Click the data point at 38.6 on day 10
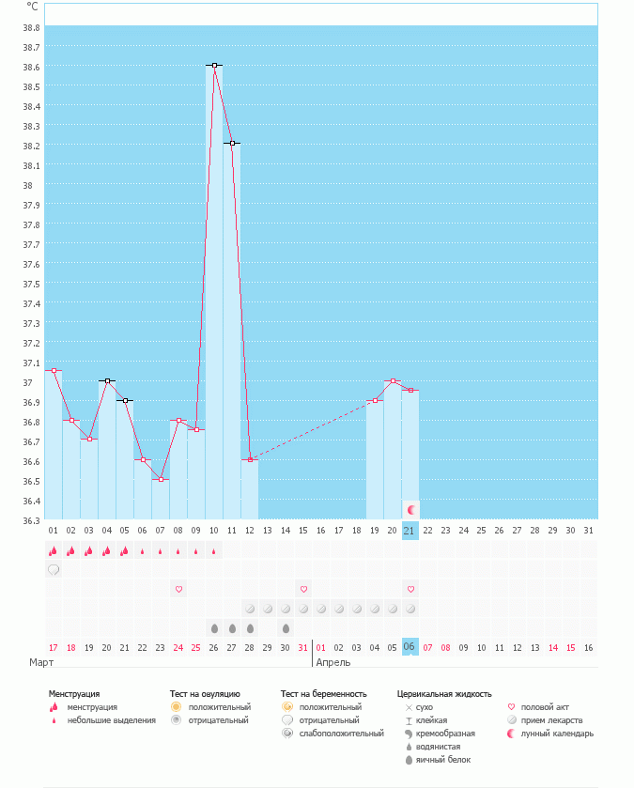tap(215, 65)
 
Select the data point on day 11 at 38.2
tap(232, 144)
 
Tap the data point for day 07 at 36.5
tap(161, 480)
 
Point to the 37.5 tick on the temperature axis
tap(32, 284)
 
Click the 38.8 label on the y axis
tap(32, 27)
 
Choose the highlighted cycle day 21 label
tap(410, 531)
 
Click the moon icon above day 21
tap(410, 509)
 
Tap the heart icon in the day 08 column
tap(178, 589)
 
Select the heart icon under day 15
tap(303, 589)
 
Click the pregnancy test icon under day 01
tap(54, 569)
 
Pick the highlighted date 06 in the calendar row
tap(410, 647)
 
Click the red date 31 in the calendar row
tap(302, 647)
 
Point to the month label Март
tap(40, 662)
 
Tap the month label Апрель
tap(333, 662)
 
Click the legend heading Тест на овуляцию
tap(205, 694)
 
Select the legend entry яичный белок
tap(449, 759)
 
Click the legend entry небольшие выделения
tap(111, 720)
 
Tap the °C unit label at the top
tap(33, 7)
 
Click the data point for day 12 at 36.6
tap(250, 459)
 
